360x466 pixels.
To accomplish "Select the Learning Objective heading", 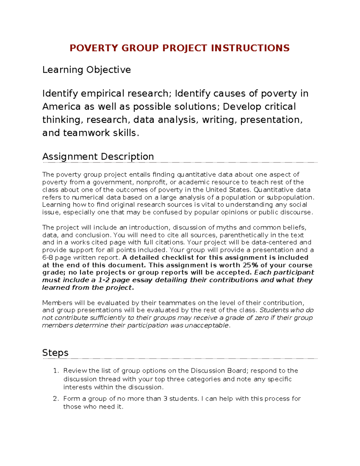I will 86,70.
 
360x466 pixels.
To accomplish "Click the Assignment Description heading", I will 98,157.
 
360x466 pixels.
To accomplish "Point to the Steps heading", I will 55,353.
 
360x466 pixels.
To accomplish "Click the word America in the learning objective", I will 61,107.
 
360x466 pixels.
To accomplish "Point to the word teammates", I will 177,303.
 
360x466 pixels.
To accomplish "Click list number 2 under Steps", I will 56,399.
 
